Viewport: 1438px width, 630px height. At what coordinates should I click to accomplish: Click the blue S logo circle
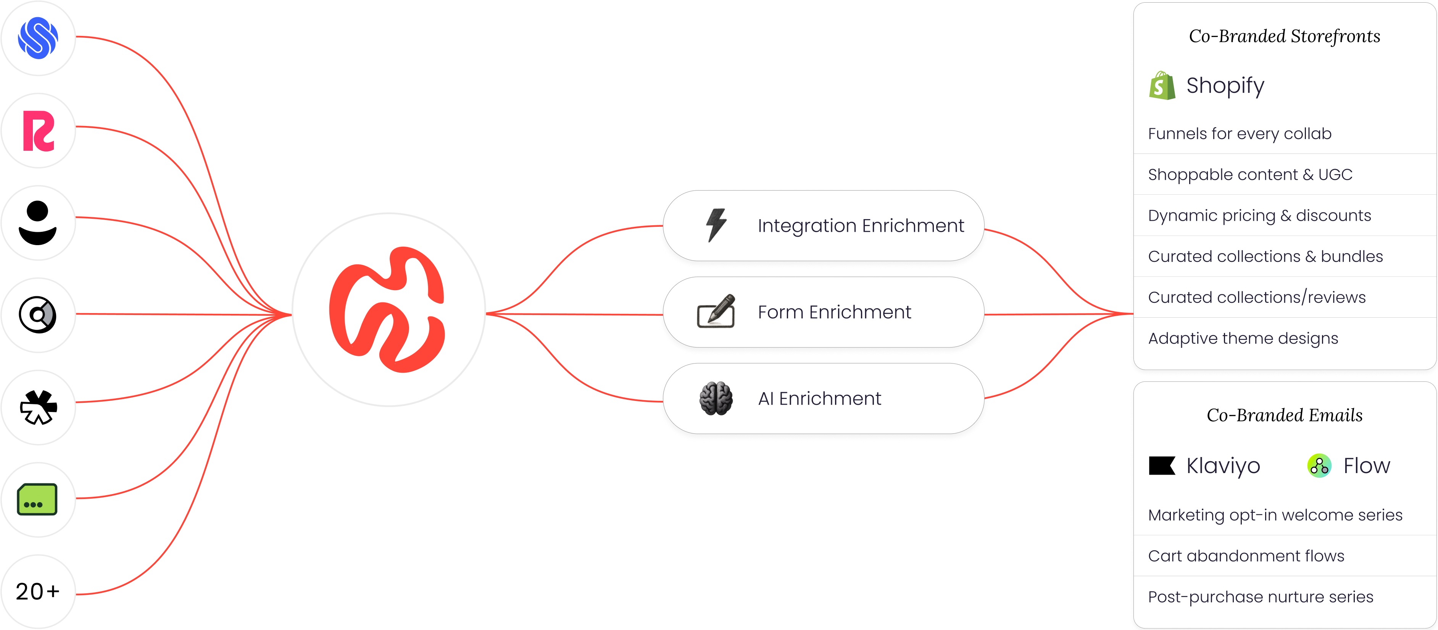click(x=38, y=38)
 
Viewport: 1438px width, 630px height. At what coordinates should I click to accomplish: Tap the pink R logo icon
click(x=38, y=131)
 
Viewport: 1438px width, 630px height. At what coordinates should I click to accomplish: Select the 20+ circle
click(x=38, y=591)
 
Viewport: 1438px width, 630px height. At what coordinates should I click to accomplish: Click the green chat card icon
click(x=37, y=499)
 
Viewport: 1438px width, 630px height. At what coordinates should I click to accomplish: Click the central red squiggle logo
click(x=388, y=309)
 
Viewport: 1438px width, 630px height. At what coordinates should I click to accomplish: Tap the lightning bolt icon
click(x=716, y=225)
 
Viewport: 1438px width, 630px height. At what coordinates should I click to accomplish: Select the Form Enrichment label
click(x=834, y=312)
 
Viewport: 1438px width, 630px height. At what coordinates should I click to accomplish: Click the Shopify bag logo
click(x=1162, y=86)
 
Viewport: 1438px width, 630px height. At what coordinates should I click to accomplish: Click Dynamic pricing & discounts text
click(x=1259, y=216)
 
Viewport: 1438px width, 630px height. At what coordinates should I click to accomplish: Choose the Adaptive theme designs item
click(x=1243, y=338)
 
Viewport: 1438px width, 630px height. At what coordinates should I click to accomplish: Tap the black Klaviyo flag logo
click(x=1162, y=465)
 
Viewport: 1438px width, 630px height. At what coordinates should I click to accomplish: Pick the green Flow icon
click(x=1319, y=465)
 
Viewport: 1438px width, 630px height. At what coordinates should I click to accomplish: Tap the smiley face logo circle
click(x=38, y=223)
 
